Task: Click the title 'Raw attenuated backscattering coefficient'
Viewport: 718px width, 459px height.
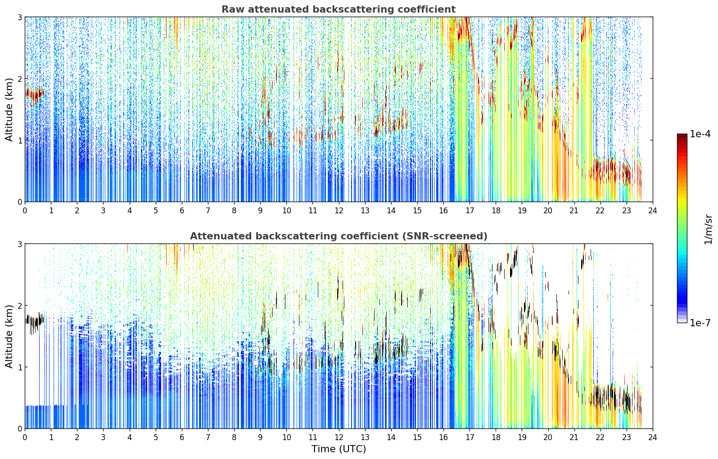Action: pyautogui.click(x=339, y=9)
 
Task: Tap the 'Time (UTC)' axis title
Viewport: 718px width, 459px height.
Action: pyautogui.click(x=339, y=449)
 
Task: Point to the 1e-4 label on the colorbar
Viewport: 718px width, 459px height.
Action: pyautogui.click(x=700, y=134)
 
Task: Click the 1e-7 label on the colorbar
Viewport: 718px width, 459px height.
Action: pyautogui.click(x=700, y=323)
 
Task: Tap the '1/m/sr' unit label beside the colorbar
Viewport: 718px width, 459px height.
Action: pyautogui.click(x=708, y=229)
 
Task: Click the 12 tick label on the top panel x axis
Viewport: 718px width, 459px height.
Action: pyautogui.click(x=339, y=211)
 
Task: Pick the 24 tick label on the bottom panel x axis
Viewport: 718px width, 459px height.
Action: pyautogui.click(x=653, y=437)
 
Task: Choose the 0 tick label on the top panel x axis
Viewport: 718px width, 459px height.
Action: pyautogui.click(x=25, y=211)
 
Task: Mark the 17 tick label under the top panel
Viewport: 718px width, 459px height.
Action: pyautogui.click(x=470, y=211)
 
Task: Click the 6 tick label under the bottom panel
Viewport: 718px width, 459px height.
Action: pyautogui.click(x=182, y=437)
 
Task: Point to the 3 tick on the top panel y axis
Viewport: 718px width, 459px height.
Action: pyautogui.click(x=19, y=17)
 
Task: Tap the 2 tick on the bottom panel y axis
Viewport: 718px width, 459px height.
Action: pyautogui.click(x=19, y=306)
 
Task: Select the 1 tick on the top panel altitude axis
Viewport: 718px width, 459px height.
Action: pyautogui.click(x=19, y=140)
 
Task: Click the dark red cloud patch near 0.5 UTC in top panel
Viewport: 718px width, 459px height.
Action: pyautogui.click(x=35, y=95)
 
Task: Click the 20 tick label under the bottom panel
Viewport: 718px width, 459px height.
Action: pyautogui.click(x=548, y=437)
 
